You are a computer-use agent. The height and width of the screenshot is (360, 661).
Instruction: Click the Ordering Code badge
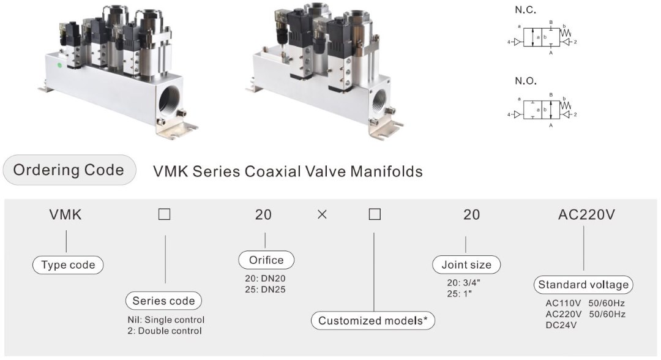pos(69,170)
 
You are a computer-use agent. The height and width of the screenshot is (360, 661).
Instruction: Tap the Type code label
pos(68,265)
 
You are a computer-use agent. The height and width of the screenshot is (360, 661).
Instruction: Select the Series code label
pos(164,301)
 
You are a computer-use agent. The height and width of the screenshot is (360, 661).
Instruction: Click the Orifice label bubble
pos(266,260)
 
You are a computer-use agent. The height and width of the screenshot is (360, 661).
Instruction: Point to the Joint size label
pos(466,265)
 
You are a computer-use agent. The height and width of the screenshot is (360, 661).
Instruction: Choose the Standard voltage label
pos(583,285)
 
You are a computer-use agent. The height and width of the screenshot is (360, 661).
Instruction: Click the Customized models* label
pos(373,320)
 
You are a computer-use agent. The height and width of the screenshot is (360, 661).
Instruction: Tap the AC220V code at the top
pos(586,215)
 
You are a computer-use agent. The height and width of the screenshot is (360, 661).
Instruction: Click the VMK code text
pos(65,215)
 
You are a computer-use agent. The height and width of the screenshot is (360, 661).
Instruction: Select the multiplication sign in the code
pos(321,215)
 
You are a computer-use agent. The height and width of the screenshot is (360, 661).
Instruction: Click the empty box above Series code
pos(164,215)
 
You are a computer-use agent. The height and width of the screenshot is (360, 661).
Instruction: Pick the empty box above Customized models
pos(375,215)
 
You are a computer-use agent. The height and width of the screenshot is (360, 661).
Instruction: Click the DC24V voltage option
pos(561,324)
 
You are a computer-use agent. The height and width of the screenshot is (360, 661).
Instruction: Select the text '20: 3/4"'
pos(463,283)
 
